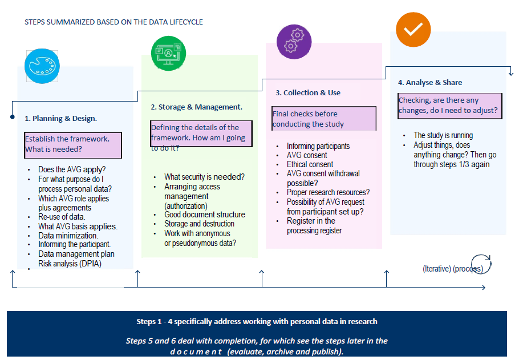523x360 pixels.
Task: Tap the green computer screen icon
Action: click(x=169, y=53)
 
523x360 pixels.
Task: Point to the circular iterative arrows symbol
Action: click(x=481, y=264)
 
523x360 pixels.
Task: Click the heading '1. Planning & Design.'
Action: click(x=60, y=119)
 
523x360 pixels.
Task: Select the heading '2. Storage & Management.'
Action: click(x=196, y=107)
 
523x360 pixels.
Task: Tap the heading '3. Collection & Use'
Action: click(x=308, y=92)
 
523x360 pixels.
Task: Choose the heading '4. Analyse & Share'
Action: click(x=430, y=82)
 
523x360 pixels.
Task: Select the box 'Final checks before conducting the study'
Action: click(x=323, y=119)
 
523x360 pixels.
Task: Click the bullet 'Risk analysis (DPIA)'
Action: click(x=70, y=263)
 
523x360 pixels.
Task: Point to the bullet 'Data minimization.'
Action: click(x=68, y=235)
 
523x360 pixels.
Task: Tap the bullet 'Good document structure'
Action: click(x=204, y=215)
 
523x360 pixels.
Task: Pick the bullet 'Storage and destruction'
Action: click(x=199, y=224)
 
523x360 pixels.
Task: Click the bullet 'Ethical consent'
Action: click(x=310, y=164)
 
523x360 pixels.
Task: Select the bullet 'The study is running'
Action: click(x=443, y=135)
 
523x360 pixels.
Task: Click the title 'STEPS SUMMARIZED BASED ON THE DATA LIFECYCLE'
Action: click(x=113, y=22)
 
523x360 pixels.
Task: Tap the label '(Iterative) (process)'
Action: click(x=452, y=269)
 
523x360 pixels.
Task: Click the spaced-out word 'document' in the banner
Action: click(x=196, y=351)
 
